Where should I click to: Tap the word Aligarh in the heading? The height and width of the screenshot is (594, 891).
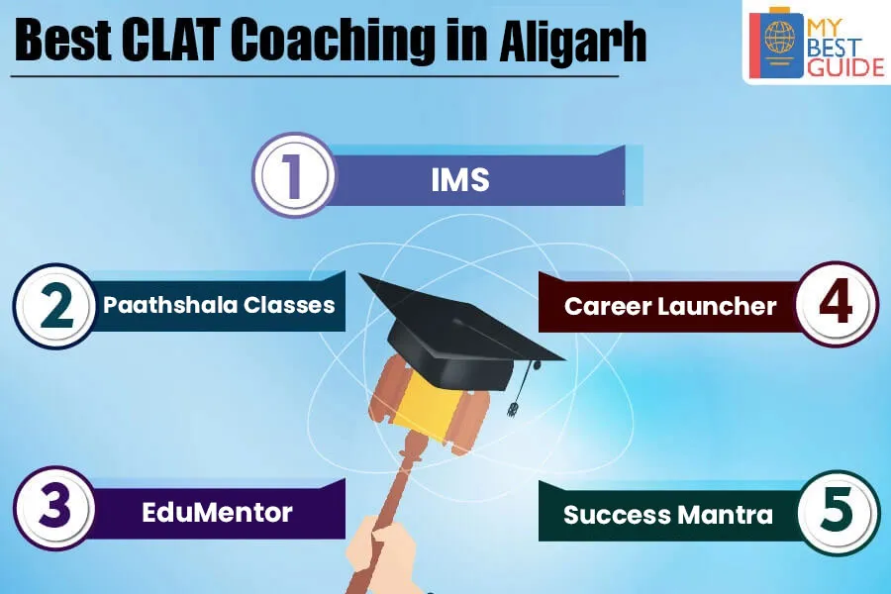click(573, 41)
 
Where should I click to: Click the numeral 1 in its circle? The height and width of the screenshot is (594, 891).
click(293, 175)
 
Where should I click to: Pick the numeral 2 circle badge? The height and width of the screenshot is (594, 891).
click(54, 306)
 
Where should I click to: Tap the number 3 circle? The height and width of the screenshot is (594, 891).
click(54, 508)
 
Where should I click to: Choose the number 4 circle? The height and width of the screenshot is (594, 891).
click(837, 304)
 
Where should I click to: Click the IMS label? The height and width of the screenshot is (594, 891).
click(460, 180)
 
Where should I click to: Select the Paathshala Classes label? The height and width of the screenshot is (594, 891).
click(219, 305)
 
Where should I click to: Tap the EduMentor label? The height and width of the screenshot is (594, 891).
click(217, 512)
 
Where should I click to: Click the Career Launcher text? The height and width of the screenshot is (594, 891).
click(670, 306)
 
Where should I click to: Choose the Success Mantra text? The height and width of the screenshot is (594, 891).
click(668, 515)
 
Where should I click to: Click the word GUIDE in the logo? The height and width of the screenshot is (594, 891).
click(846, 67)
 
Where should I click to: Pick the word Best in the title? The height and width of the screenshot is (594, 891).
click(62, 41)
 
